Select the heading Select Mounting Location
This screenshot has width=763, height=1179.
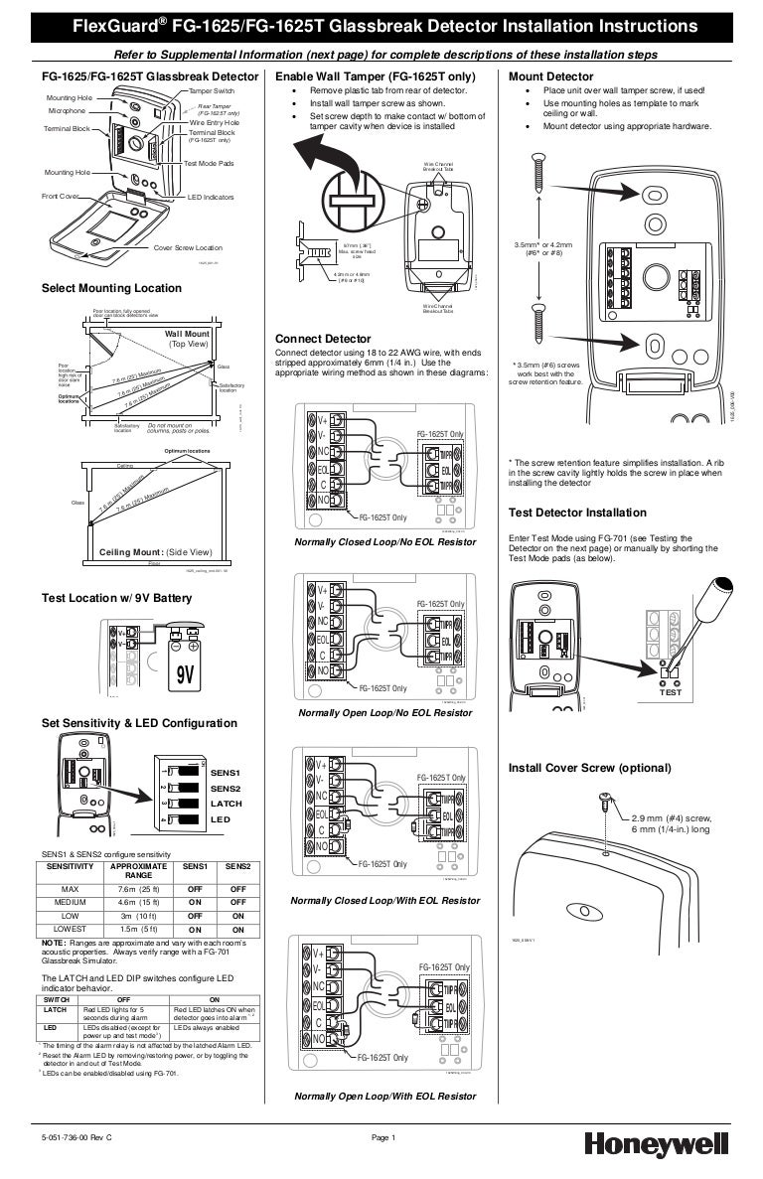pos(111,288)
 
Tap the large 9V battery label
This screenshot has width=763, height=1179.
pos(185,676)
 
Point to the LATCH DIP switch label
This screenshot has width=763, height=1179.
pos(226,804)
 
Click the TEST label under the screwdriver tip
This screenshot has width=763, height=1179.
pos(671,692)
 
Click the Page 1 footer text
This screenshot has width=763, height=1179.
pos(383,1137)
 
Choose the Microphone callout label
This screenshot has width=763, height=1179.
pos(67,111)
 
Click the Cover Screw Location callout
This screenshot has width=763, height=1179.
pos(188,247)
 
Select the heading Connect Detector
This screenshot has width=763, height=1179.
pos(322,339)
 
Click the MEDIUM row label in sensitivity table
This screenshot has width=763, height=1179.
pos(71,902)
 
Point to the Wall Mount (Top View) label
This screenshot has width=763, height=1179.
pos(189,339)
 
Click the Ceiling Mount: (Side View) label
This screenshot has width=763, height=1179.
pos(156,551)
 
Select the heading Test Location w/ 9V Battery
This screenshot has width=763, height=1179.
pos(116,598)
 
